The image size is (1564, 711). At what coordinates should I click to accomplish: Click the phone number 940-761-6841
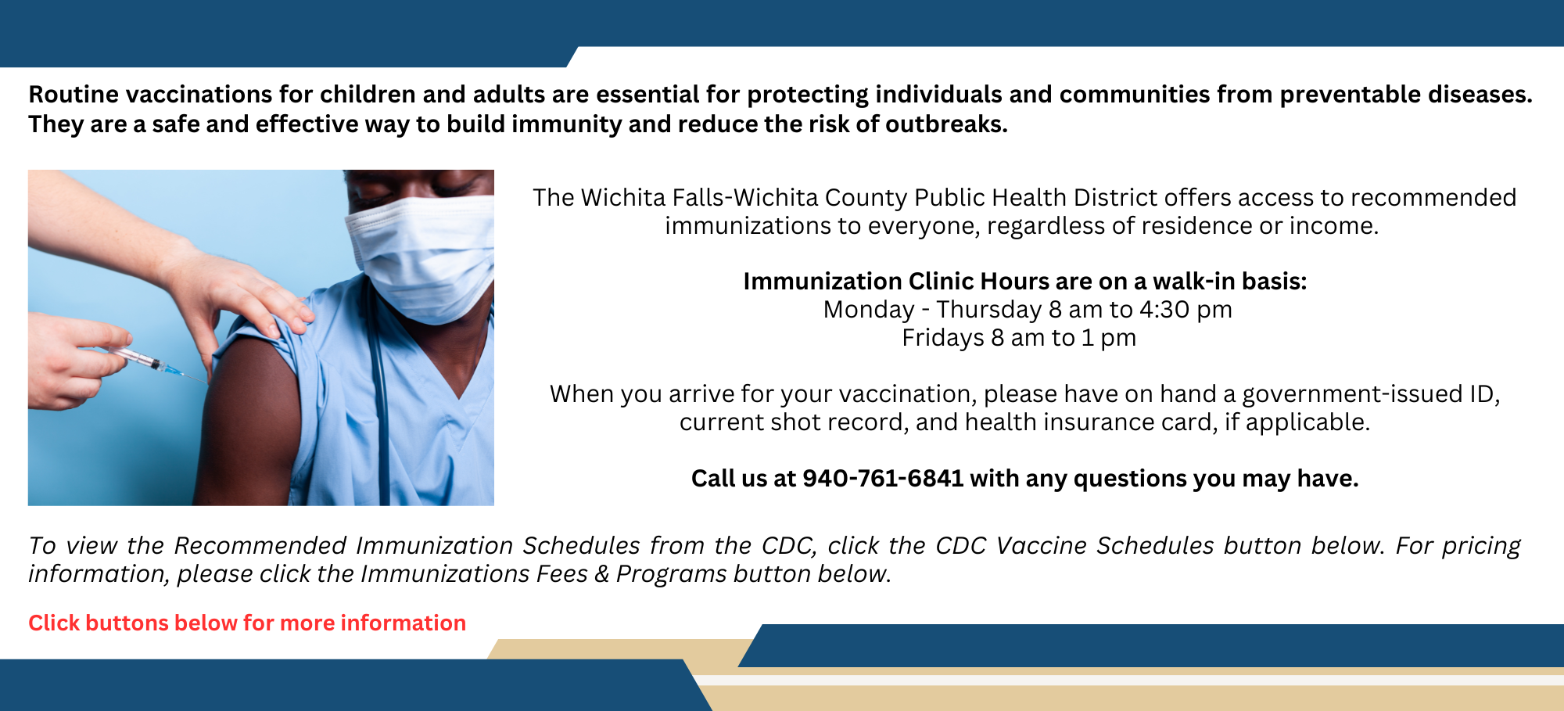click(x=882, y=478)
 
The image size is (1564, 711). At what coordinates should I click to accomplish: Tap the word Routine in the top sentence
click(x=74, y=95)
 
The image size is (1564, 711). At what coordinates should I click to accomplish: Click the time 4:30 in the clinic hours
click(x=1164, y=310)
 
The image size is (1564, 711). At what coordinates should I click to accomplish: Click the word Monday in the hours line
click(x=868, y=310)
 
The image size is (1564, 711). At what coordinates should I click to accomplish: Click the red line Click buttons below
click(x=247, y=623)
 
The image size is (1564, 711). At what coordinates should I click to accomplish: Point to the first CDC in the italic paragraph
click(x=787, y=545)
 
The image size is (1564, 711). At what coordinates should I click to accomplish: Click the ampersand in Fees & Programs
click(x=601, y=574)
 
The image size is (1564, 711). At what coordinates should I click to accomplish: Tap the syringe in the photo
click(x=149, y=362)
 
